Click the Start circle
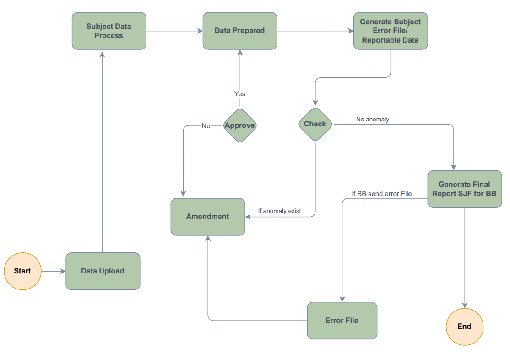tap(23, 271)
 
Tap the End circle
tap(465, 327)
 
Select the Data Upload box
tap(103, 271)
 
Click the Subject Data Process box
tap(109, 31)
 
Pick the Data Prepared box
tap(240, 31)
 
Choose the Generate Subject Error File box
tap(391, 31)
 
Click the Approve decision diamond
tap(240, 125)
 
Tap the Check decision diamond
tap(315, 124)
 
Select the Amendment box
tap(208, 217)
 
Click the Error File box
tap(342, 321)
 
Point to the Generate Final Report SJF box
tap(465, 189)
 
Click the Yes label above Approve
tap(240, 94)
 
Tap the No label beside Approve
tap(206, 125)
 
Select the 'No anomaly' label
tap(372, 119)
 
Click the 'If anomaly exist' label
tap(279, 211)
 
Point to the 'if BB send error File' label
tap(381, 194)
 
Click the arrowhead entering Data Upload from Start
tap(63, 271)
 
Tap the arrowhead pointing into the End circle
tap(465, 305)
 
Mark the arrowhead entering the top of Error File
tap(342, 299)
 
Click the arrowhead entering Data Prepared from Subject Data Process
tap(200, 31)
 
